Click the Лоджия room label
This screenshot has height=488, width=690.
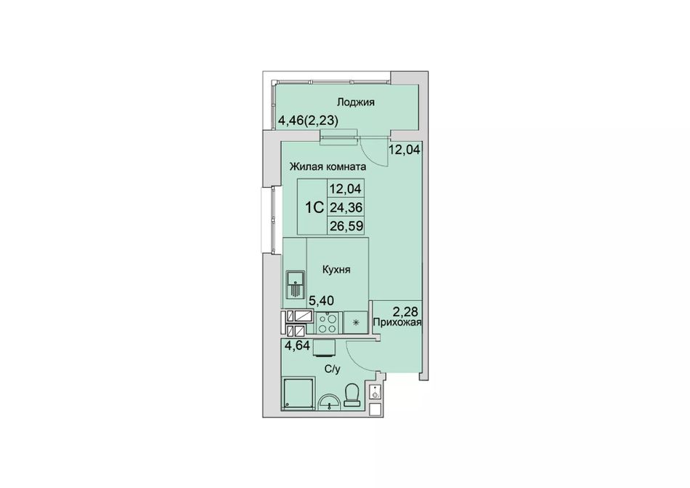tap(356, 103)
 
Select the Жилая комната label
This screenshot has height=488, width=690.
tap(328, 167)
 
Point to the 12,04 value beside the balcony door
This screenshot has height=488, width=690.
tap(405, 150)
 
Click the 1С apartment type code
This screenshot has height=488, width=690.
tap(315, 207)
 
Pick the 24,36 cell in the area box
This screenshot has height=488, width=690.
tap(346, 207)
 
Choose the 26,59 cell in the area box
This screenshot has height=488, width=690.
tap(346, 226)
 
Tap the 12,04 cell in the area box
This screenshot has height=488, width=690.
tap(346, 188)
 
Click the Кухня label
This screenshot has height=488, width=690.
tap(336, 270)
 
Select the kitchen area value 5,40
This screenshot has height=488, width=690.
tap(321, 301)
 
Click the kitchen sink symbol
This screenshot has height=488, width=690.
tap(295, 284)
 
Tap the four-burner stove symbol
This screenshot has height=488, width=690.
tap(327, 323)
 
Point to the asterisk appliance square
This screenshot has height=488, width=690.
tap(357, 323)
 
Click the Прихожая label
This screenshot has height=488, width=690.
tap(397, 322)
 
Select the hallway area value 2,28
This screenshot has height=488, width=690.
tap(405, 312)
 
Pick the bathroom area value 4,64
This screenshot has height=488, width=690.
tap(298, 345)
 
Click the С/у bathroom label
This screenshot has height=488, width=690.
tap(333, 369)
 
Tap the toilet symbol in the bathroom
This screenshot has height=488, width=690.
tap(352, 395)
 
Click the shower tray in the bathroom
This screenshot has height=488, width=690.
tap(299, 393)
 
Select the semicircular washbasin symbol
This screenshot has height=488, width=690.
tap(330, 401)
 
